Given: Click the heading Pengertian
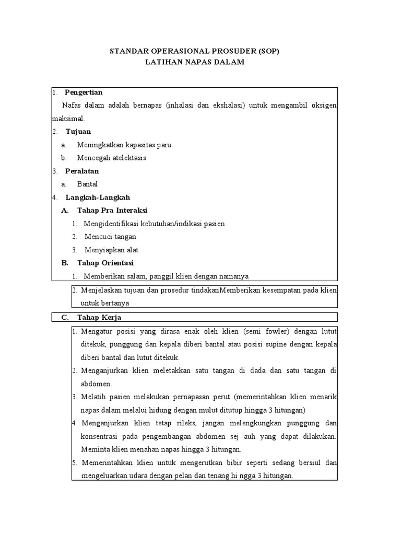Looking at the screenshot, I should tap(87, 92).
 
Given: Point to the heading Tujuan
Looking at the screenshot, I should tap(78, 132).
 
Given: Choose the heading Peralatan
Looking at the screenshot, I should tap(81, 171).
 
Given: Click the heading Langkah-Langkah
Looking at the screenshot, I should tap(98, 197).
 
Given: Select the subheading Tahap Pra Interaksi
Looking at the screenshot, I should tap(112, 211).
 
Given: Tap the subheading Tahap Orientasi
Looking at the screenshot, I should tap(105, 263).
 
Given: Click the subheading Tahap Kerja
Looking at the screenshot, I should tap(99, 317).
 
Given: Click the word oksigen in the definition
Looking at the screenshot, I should tap(323, 106).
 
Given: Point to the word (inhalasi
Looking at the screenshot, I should tap(182, 106).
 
